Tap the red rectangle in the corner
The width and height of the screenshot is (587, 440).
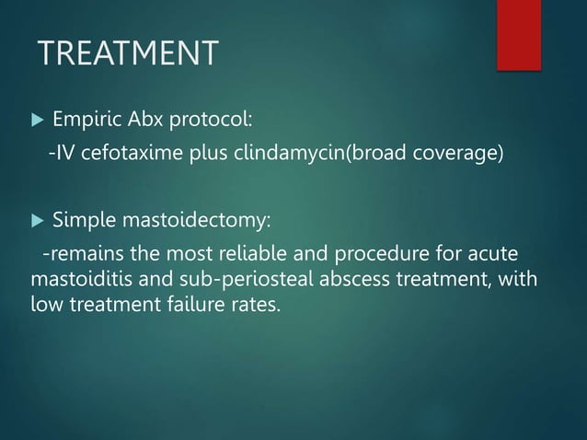pos(518,33)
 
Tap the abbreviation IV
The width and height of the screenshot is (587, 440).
pos(67,152)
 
